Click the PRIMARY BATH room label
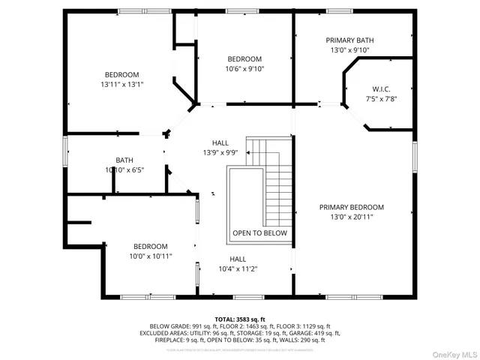pyautogui.click(x=349, y=40)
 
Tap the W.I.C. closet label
pyautogui.click(x=381, y=88)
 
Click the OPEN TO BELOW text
pyautogui.click(x=259, y=233)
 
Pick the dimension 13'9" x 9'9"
pyautogui.click(x=220, y=152)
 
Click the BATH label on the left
pyautogui.click(x=124, y=160)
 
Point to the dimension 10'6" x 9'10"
pyautogui.click(x=244, y=69)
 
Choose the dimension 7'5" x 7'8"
pyautogui.click(x=381, y=98)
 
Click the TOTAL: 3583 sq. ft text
pyautogui.click(x=238, y=319)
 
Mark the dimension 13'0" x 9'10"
pyautogui.click(x=349, y=50)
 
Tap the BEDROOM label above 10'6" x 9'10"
pyautogui.click(x=244, y=59)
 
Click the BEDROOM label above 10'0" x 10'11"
pyautogui.click(x=151, y=246)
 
